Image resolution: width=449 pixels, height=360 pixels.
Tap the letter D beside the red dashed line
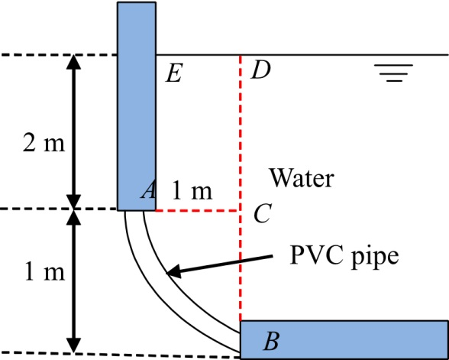tap(260, 71)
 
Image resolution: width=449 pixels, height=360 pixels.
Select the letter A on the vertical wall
tap(148, 190)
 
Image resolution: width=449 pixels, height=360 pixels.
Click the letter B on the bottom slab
tap(271, 342)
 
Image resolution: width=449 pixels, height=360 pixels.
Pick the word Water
tap(302, 178)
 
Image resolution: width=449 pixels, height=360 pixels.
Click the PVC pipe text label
tap(344, 256)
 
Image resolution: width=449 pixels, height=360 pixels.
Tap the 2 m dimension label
tap(44, 144)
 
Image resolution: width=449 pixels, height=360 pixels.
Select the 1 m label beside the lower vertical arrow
tap(44, 273)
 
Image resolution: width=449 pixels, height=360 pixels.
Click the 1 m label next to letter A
tap(192, 191)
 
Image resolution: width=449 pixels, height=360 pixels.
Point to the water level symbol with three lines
tap(394, 73)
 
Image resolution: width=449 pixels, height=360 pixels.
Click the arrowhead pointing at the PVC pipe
tap(174, 271)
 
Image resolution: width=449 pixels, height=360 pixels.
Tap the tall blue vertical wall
tap(137, 106)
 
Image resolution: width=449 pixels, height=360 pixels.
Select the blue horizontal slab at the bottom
tap(344, 340)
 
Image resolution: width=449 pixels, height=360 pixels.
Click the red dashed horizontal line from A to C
tap(197, 210)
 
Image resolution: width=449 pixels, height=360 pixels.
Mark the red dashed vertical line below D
tap(241, 188)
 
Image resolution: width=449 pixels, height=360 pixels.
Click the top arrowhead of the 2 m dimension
tap(73, 62)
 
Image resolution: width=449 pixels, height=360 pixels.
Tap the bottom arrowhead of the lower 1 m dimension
tap(73, 345)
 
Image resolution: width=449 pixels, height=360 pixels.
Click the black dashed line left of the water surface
tap(59, 54)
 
